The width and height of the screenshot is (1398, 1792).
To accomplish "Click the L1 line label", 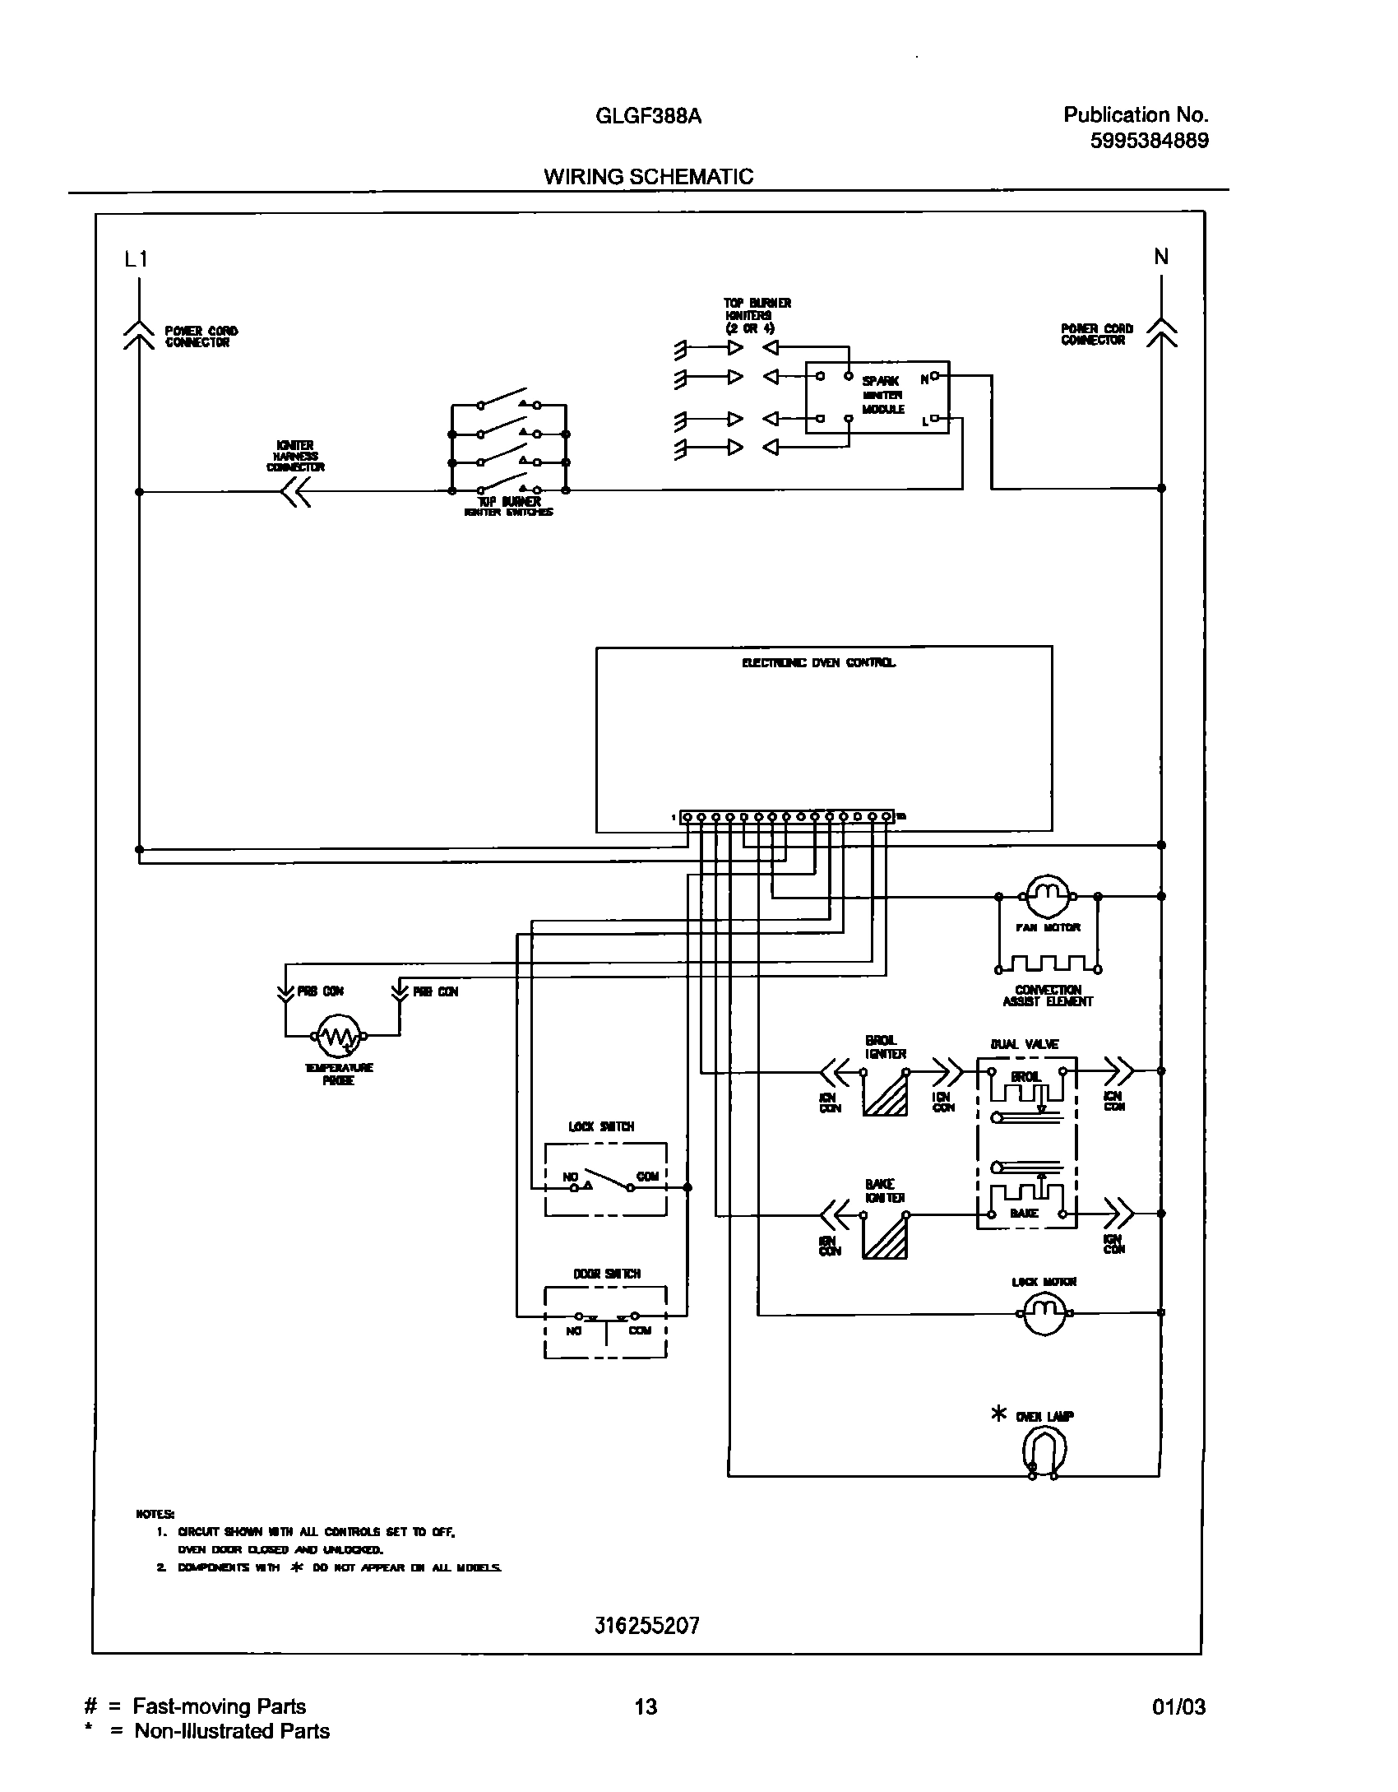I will click(136, 260).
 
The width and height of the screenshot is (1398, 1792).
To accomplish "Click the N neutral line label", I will click(1160, 257).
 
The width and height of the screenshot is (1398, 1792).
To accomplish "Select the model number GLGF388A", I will click(648, 116).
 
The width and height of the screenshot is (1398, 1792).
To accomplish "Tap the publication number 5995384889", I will click(1149, 141).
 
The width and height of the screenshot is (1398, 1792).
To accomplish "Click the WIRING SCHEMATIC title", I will click(648, 176).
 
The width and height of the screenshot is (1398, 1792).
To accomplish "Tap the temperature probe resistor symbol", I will click(339, 1038).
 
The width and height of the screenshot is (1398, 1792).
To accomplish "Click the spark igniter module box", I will click(877, 397).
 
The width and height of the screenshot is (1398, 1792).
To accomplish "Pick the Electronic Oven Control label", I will click(819, 662).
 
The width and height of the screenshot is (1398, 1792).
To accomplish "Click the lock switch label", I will click(602, 1126).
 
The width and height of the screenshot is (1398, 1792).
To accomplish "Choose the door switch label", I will click(607, 1274).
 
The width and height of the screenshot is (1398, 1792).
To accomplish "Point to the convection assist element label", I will click(1048, 996).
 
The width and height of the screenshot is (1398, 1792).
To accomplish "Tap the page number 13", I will click(646, 1724).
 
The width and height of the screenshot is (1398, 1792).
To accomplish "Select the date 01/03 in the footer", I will click(1178, 1724).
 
